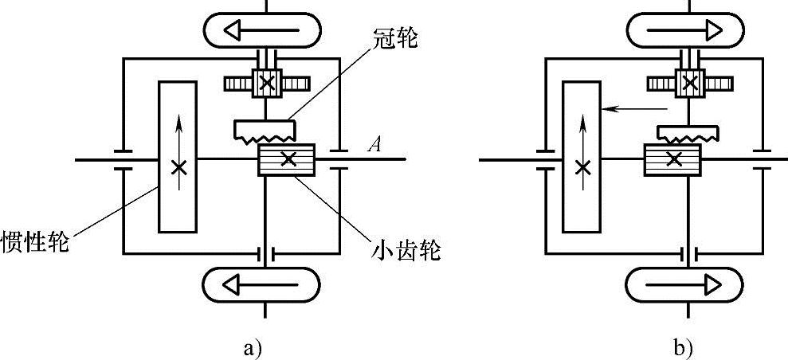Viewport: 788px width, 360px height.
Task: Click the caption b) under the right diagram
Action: [684, 347]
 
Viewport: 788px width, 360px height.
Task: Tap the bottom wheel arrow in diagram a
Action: [263, 283]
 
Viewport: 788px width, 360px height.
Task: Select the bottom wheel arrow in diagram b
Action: [685, 283]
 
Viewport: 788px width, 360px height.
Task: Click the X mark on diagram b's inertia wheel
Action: [584, 166]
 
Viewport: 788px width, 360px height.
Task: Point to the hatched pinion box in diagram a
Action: [288, 160]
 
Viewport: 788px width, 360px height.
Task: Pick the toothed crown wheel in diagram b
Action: [687, 131]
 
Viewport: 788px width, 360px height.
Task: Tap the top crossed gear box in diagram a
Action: [265, 83]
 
